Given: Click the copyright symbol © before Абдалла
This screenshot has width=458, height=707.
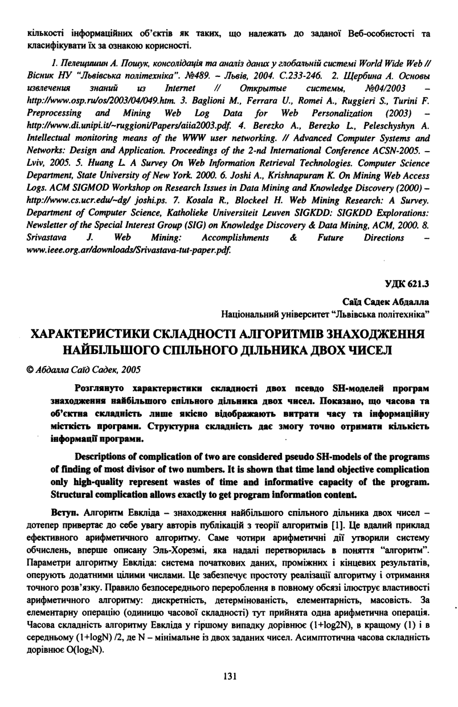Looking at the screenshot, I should (x=30, y=369).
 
